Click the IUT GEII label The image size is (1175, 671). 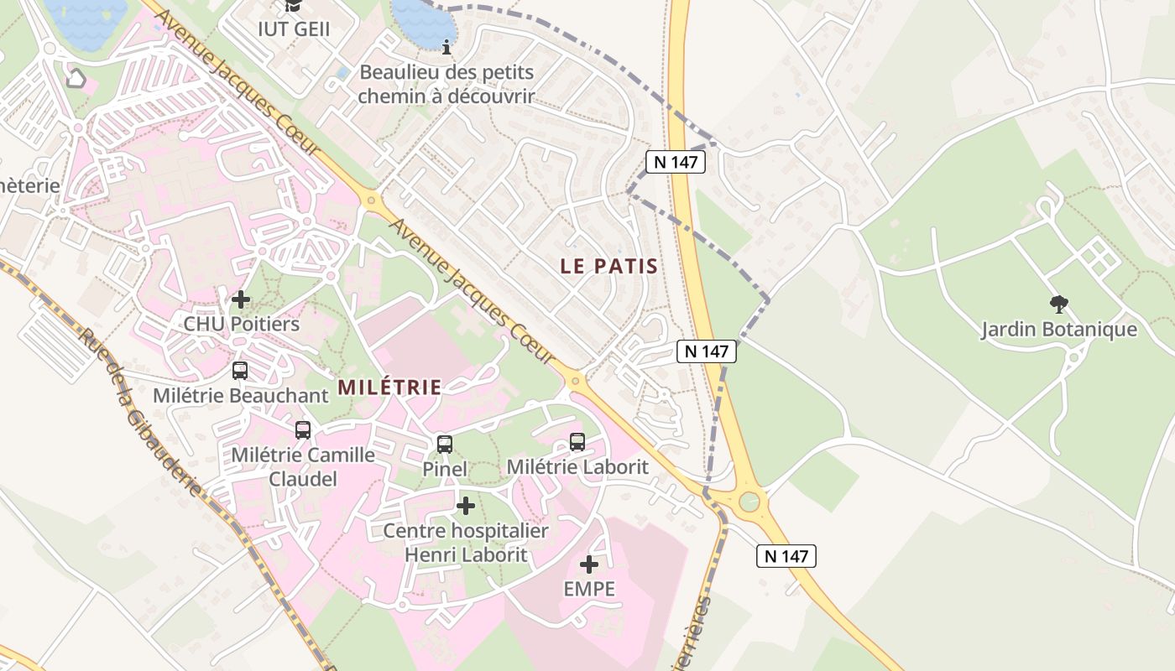293,29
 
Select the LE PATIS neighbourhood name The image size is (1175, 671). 608,267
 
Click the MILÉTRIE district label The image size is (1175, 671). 389,388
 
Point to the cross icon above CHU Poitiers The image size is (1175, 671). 241,299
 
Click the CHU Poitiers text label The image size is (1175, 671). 241,324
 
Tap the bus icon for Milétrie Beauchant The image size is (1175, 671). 240,371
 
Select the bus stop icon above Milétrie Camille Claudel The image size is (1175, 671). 303,430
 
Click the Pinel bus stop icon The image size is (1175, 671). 445,445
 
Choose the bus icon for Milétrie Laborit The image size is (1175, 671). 577,442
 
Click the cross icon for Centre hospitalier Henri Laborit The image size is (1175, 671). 465,506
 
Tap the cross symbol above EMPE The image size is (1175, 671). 589,564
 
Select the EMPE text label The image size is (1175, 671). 589,589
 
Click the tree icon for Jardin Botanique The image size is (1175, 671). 1059,304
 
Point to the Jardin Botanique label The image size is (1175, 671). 1059,330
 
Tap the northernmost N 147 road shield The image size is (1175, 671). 675,162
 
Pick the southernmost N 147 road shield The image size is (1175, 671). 786,555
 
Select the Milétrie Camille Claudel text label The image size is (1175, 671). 303,466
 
